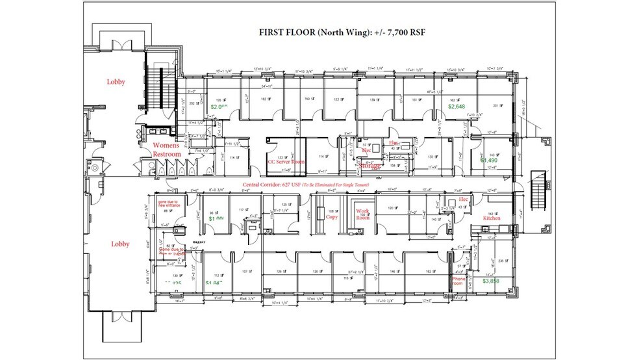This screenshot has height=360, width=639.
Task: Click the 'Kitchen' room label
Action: tap(491, 219)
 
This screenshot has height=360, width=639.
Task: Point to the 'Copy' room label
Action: tap(332, 218)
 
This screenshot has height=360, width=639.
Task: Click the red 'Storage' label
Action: tap(371, 166)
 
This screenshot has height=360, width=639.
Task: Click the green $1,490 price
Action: tap(490, 159)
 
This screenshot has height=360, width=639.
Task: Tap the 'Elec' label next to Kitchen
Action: tap(463, 199)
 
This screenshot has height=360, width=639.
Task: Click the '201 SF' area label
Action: tap(498, 106)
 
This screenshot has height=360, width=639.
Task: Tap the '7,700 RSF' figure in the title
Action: tap(394, 34)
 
